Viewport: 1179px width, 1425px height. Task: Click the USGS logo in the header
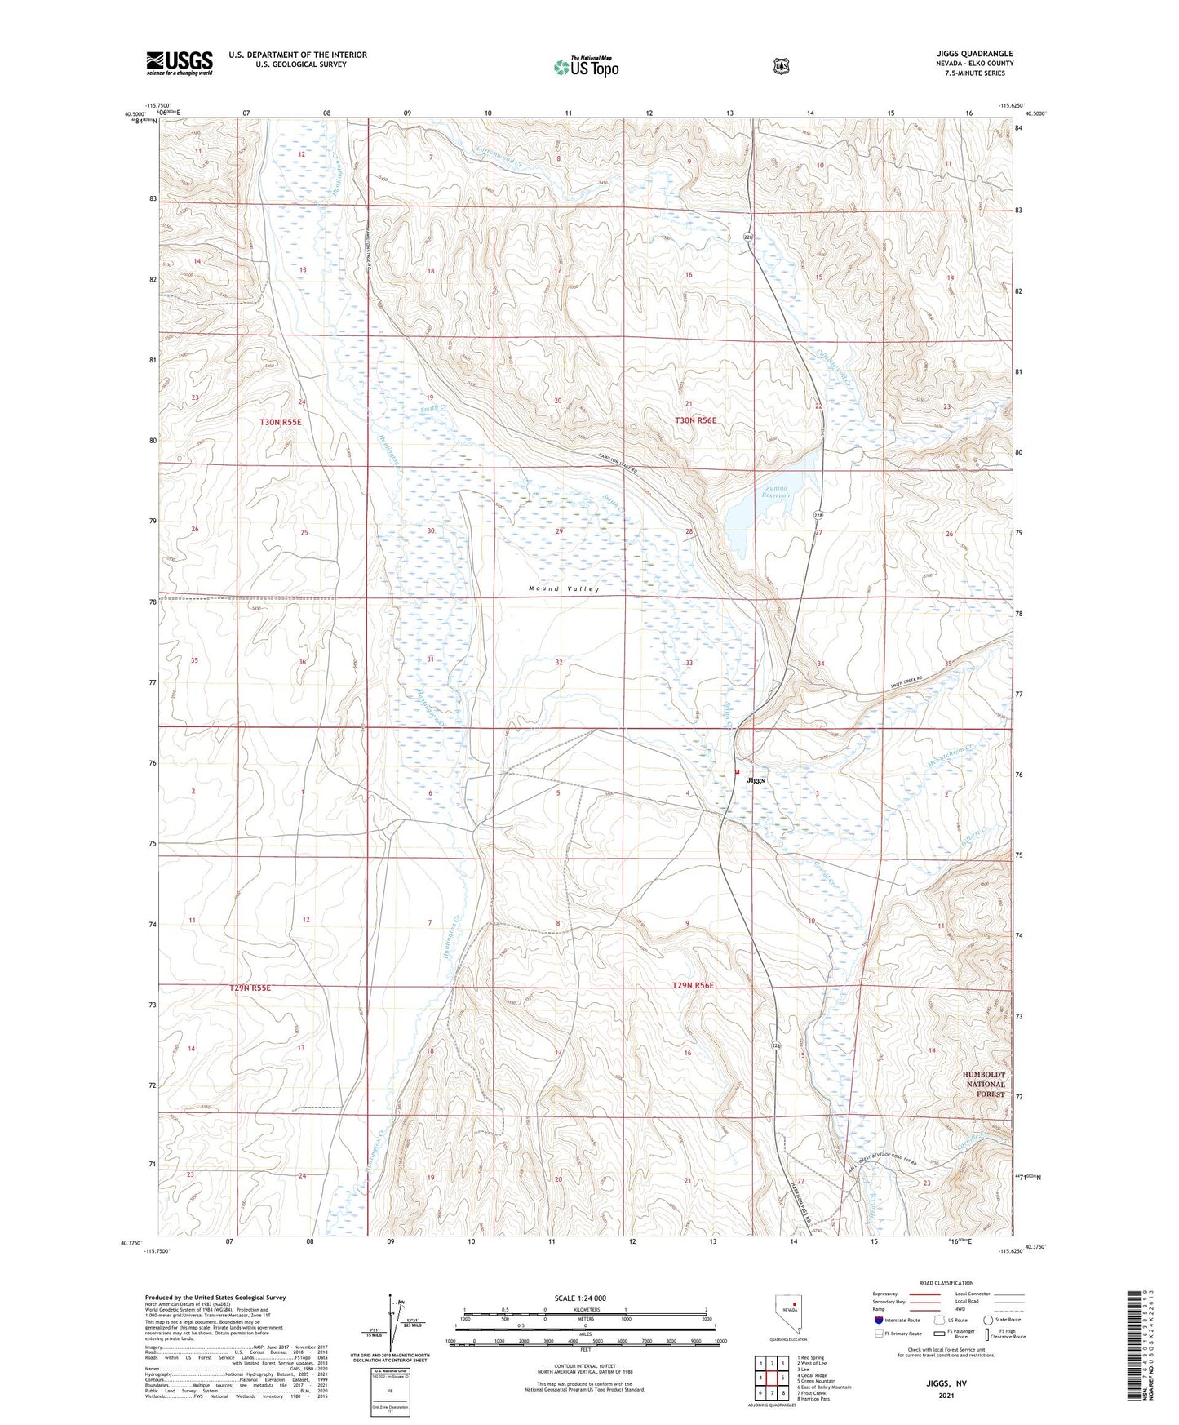(x=180, y=63)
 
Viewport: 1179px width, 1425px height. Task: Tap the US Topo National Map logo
(x=586, y=67)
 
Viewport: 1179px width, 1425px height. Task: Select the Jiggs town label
(x=756, y=780)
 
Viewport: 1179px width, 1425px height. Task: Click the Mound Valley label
(x=563, y=588)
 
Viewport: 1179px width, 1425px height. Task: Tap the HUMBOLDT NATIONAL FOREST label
(x=986, y=1085)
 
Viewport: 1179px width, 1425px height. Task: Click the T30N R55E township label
(x=281, y=422)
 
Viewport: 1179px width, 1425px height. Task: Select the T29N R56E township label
(x=693, y=986)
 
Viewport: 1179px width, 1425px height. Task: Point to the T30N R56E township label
(x=695, y=420)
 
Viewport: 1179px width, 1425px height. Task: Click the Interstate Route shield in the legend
(x=878, y=1319)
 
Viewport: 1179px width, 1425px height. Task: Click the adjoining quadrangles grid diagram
(x=771, y=1378)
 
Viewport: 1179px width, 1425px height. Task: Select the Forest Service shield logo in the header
(x=781, y=66)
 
